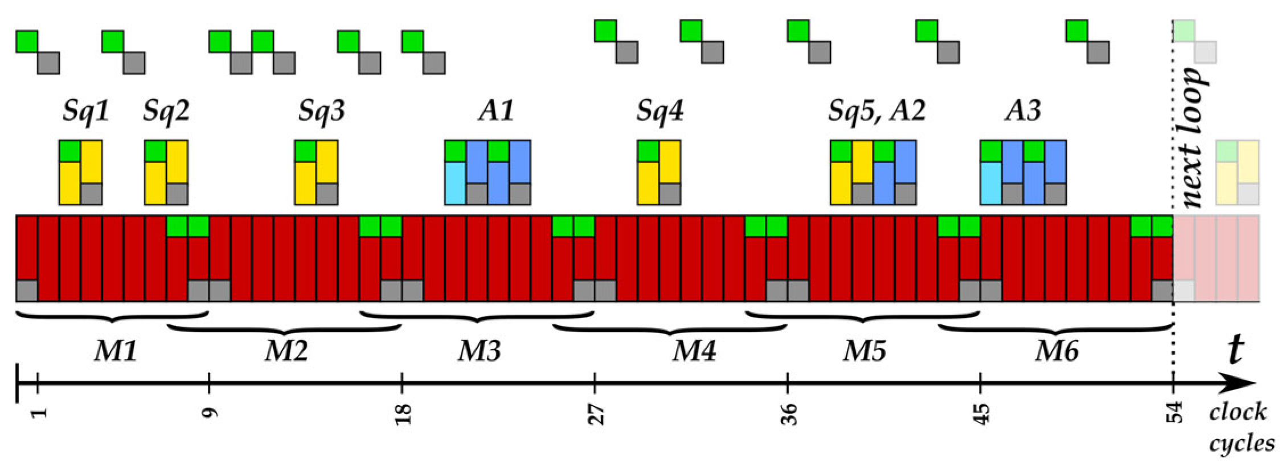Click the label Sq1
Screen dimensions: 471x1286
click(85, 110)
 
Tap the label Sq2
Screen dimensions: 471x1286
click(166, 110)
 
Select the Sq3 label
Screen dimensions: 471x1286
click(321, 110)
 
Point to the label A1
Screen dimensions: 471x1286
click(495, 110)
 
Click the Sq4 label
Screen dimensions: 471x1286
click(660, 110)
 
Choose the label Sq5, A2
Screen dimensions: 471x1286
click(877, 110)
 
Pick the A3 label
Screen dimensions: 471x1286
click(1022, 110)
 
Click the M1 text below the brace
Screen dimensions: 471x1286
click(116, 351)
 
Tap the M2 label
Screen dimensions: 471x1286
click(286, 351)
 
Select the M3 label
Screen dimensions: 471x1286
click(479, 351)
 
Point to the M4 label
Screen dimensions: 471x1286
click(694, 351)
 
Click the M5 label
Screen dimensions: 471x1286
click(864, 351)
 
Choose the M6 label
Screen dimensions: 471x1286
click(1056, 351)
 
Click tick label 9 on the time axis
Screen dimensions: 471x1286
click(210, 411)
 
